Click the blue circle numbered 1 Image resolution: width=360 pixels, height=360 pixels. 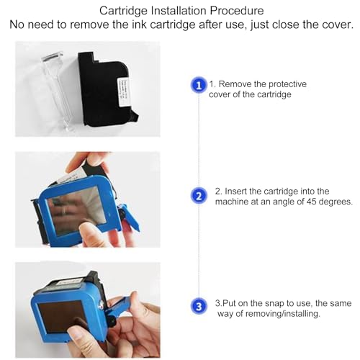(x=199, y=85)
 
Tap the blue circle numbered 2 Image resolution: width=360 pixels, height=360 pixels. (x=199, y=196)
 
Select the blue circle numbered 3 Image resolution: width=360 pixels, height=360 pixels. (x=199, y=306)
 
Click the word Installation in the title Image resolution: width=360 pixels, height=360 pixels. (x=179, y=11)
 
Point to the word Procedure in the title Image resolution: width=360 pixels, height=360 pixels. (x=237, y=11)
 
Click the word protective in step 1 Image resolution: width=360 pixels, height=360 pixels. (x=287, y=84)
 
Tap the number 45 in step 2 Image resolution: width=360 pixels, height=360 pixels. (x=311, y=202)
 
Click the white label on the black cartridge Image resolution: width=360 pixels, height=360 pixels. (x=123, y=91)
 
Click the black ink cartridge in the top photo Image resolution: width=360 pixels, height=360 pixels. (x=107, y=89)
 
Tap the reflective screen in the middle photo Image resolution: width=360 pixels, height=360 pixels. (x=76, y=210)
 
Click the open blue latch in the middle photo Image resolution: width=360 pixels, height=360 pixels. (x=128, y=217)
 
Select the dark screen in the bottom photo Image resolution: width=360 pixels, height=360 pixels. (x=63, y=318)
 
